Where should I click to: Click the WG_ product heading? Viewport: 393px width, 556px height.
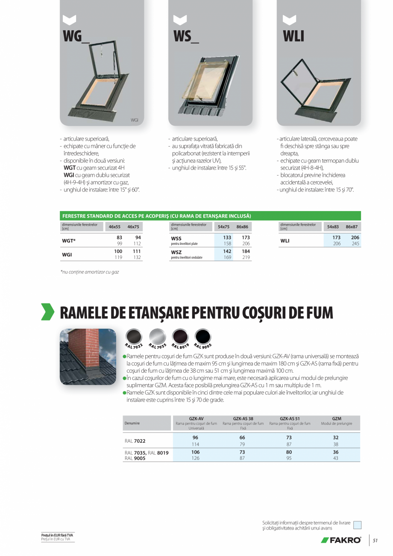pyautogui.click(x=76, y=36)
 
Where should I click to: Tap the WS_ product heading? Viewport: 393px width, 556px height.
pyautogui.click(x=186, y=36)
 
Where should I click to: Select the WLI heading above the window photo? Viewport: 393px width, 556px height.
pyautogui.click(x=293, y=36)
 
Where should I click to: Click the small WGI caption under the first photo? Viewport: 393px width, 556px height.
pyautogui.click(x=134, y=120)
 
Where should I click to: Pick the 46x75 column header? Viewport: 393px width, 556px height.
pyautogui.click(x=133, y=227)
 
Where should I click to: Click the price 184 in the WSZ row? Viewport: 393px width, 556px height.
pyautogui.click(x=246, y=252)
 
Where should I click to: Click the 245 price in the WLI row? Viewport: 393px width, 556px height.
pyautogui.click(x=355, y=244)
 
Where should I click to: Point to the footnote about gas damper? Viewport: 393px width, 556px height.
pyautogui.click(x=90, y=271)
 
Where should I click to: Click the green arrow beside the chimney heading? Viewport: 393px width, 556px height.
pyautogui.click(x=47, y=312)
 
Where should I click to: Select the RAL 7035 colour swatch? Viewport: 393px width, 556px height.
pyautogui.click(x=157, y=336)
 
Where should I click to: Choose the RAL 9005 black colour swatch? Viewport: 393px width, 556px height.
pyautogui.click(x=202, y=336)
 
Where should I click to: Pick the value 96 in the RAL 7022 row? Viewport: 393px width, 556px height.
pyautogui.click(x=196, y=438)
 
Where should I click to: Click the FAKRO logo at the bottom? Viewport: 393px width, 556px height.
pyautogui.click(x=341, y=540)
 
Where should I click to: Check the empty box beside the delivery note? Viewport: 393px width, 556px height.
pyautogui.click(x=358, y=525)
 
